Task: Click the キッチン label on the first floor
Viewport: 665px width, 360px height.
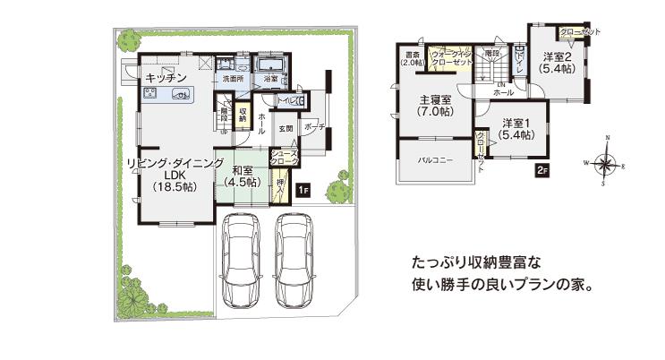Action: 165,78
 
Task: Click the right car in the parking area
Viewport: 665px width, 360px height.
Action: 299,261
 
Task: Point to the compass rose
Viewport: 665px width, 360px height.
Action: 606,163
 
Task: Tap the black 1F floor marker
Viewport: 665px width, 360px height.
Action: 303,189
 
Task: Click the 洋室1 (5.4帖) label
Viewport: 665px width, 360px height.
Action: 516,128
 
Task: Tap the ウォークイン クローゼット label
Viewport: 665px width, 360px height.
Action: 450,59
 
